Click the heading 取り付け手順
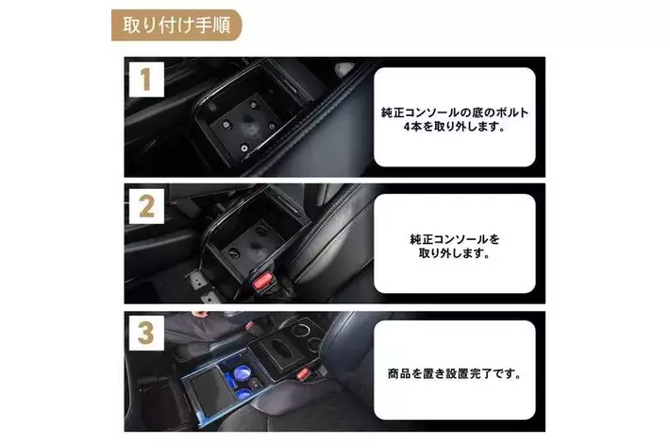tap(176, 25)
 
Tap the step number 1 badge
tap(146, 79)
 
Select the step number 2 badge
tap(146, 206)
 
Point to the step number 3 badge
tap(146, 333)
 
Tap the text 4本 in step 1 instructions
tap(412, 127)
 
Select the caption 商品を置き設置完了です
tap(454, 373)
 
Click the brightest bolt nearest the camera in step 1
tap(244, 148)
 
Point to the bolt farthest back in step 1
tap(254, 105)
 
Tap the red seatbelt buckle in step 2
tap(263, 282)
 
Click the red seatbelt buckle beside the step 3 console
tap(303, 372)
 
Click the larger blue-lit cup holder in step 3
tap(243, 372)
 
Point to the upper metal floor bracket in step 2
tap(196, 280)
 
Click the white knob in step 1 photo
tap(345, 68)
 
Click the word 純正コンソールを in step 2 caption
tap(455, 239)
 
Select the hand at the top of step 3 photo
tap(199, 315)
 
